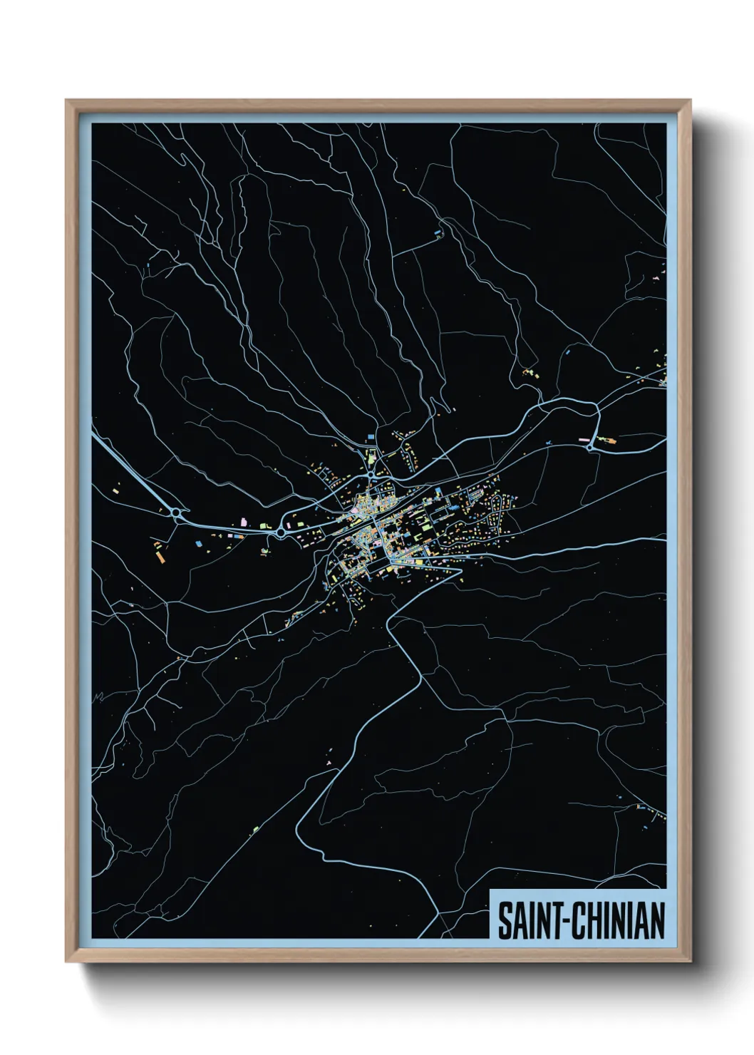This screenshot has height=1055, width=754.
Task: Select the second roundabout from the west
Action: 281,532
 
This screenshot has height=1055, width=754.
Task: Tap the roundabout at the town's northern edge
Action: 371,473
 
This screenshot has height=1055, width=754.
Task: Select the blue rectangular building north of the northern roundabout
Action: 370,436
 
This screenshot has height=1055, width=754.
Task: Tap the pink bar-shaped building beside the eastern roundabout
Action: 586,441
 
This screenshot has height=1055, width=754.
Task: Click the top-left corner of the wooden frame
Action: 66,101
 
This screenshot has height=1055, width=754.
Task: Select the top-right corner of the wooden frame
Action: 690,101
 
